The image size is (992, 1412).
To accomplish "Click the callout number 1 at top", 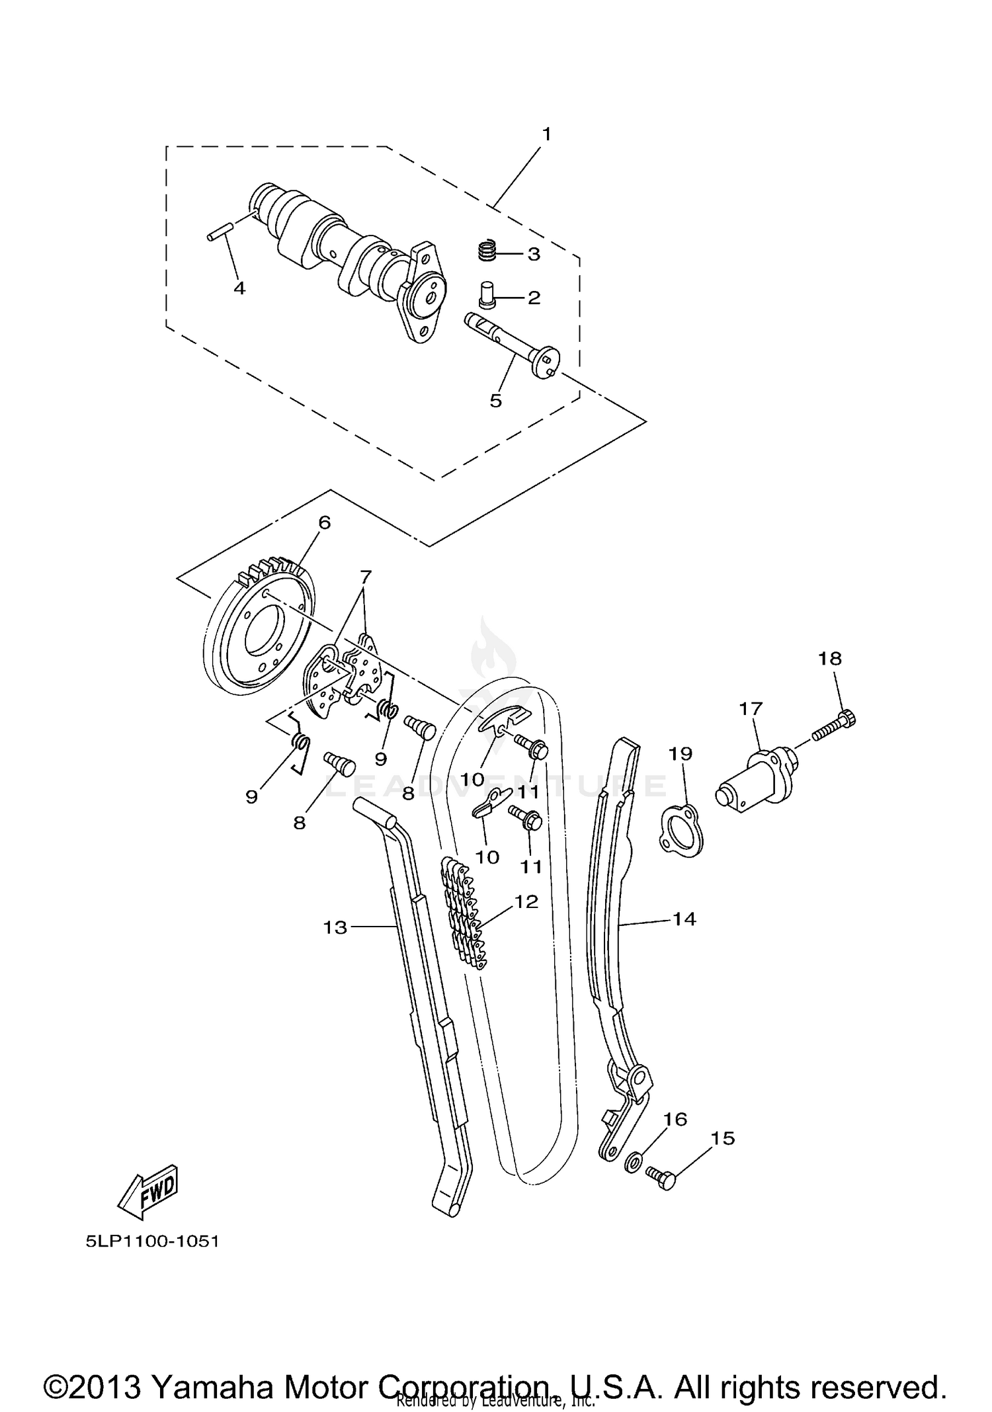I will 546,134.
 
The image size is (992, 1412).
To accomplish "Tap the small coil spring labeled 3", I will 487,251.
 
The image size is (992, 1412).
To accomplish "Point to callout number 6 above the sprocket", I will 324,522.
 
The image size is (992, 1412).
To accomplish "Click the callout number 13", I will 335,928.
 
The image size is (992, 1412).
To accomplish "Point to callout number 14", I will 684,919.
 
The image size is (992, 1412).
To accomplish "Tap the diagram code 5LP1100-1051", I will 152,1241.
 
